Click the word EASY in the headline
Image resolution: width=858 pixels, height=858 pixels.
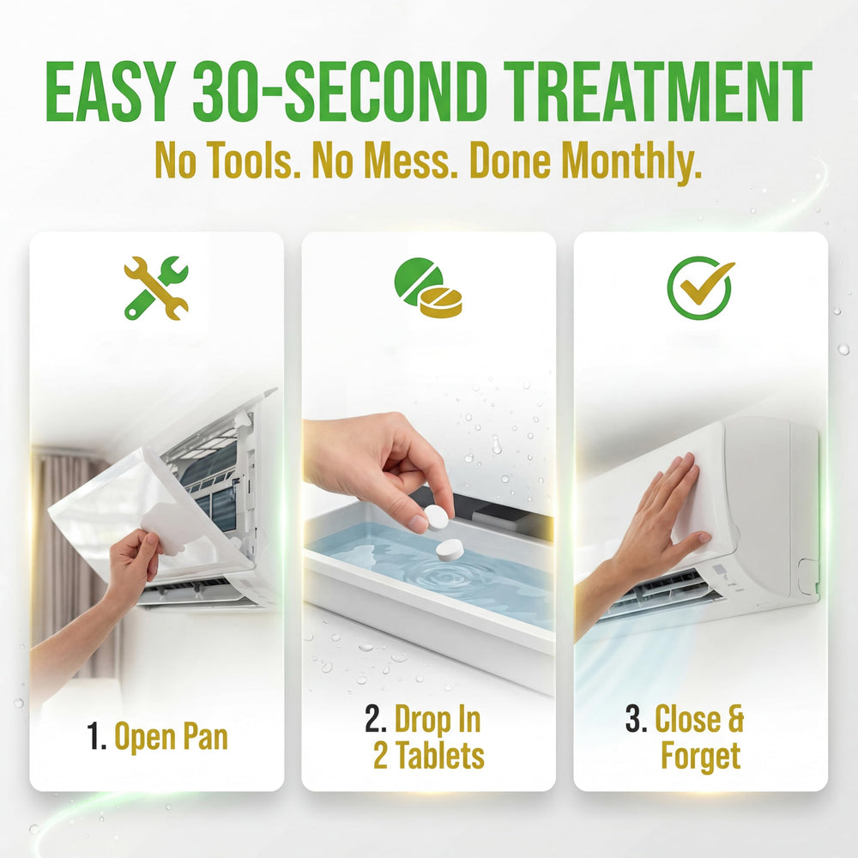pos(111,92)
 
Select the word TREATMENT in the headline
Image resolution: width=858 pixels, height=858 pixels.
pos(657,92)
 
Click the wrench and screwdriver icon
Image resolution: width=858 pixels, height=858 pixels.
pos(156,287)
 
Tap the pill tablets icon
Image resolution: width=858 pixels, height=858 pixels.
pos(428,287)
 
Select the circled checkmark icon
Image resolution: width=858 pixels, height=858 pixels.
pos(700,287)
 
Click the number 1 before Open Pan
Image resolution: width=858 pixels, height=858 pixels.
pos(96,736)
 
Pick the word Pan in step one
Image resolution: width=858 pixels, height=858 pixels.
pos(205,736)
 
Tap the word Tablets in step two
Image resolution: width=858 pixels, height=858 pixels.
pos(440,755)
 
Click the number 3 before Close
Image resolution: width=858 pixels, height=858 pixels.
pos(636,718)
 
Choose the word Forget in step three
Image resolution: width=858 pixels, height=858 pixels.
pos(700,756)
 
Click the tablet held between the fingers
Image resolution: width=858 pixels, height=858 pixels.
pos(436,517)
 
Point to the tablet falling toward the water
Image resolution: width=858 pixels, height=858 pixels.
pos(450,549)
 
